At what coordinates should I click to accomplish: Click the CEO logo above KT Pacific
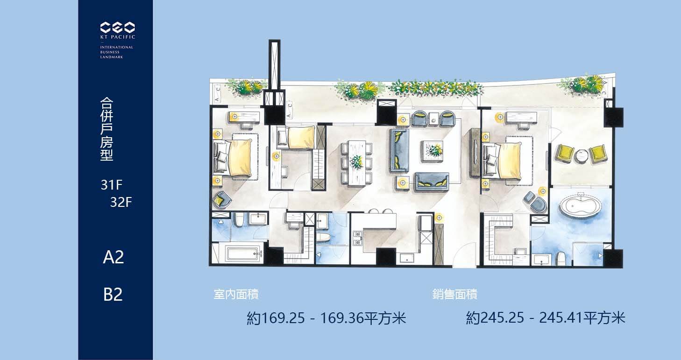[117, 28]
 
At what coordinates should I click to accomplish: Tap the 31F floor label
[112, 185]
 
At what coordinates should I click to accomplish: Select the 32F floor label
[121, 202]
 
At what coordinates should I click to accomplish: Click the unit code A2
[113, 257]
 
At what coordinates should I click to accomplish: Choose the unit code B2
[113, 294]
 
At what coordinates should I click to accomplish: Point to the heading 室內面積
[236, 294]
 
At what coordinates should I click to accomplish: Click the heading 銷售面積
[455, 294]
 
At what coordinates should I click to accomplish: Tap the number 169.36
[341, 318]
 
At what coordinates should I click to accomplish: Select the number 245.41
[560, 318]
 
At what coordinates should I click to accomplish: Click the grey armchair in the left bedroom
[222, 199]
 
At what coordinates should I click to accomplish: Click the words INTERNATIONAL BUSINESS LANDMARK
[116, 52]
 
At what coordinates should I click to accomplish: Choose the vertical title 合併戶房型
[106, 129]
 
